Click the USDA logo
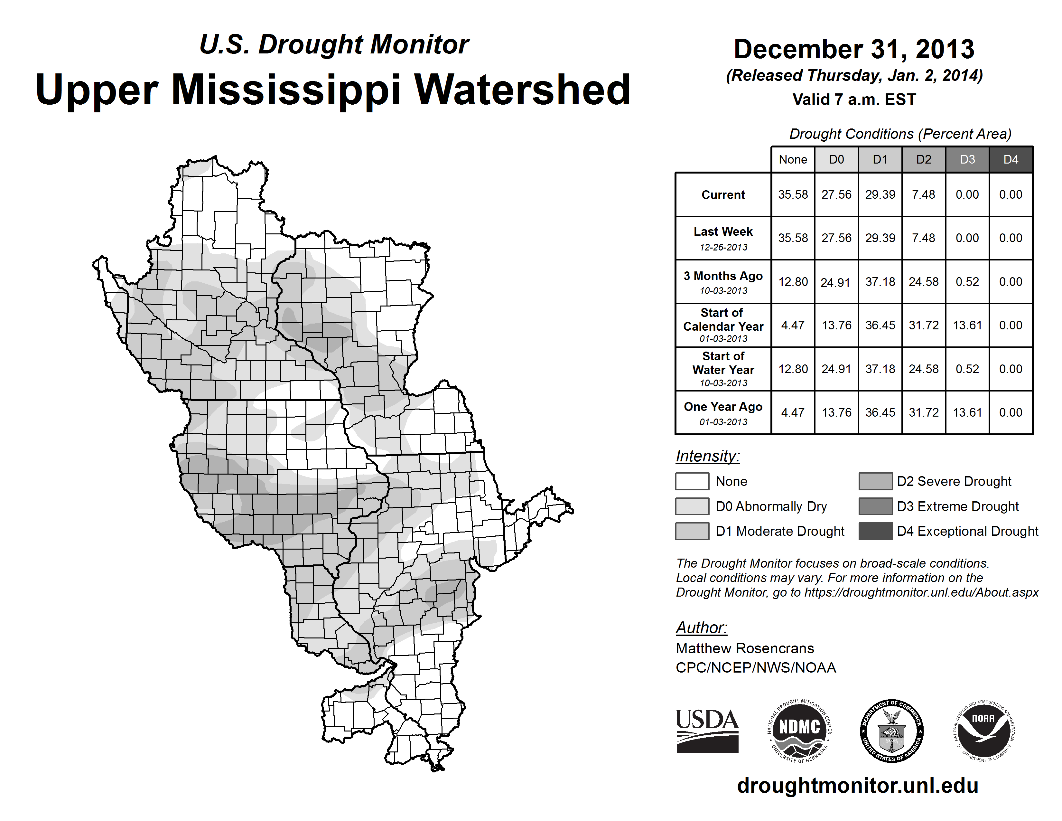707,731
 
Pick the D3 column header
967,159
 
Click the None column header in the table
793,159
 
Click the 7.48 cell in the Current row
923,194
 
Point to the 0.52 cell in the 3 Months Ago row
967,282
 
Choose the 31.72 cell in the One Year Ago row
923,412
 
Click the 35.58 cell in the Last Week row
793,238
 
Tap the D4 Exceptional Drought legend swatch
875,531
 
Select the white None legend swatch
692,481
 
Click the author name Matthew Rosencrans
744,648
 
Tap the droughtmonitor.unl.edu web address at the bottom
857,786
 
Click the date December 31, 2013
854,49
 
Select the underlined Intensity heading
707,456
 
